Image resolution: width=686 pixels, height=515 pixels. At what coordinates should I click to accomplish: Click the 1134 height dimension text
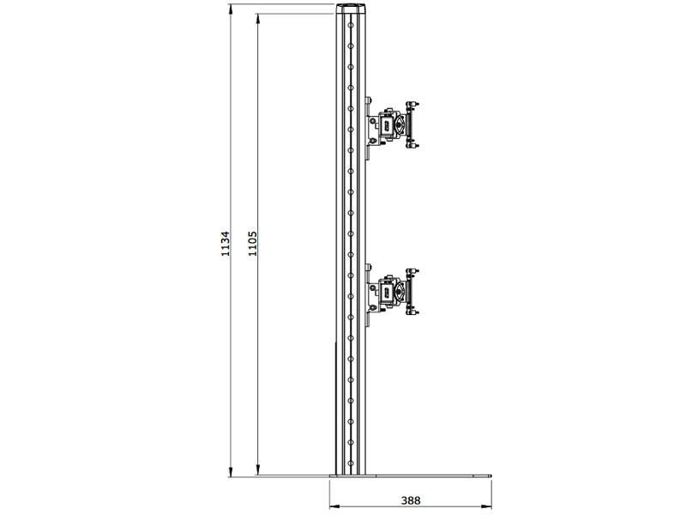click(226, 244)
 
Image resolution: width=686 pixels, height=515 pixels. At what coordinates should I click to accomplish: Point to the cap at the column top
click(350, 9)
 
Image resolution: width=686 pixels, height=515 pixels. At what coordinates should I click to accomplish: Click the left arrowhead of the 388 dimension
click(333, 506)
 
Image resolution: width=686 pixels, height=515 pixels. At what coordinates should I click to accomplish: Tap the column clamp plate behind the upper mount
click(368, 127)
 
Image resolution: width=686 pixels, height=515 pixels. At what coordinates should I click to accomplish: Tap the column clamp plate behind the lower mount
click(368, 294)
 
